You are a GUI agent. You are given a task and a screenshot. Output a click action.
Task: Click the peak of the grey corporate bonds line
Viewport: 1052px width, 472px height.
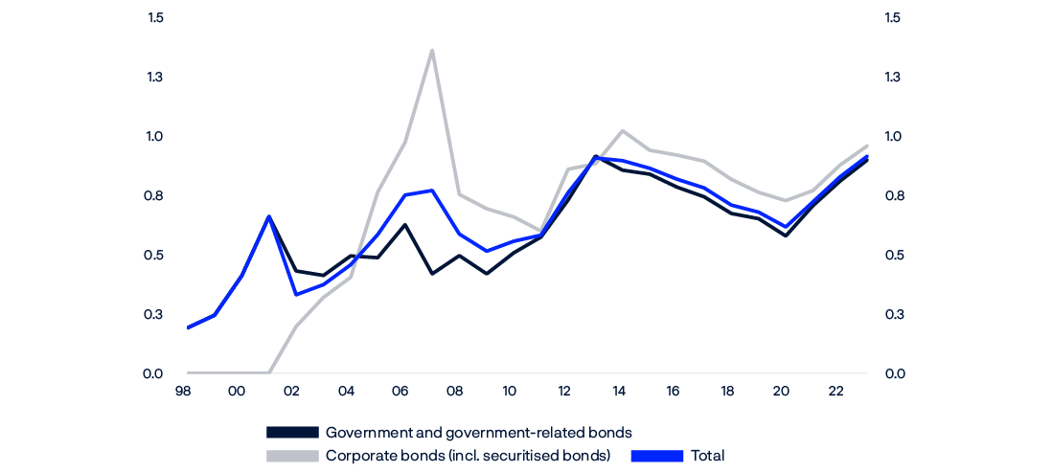click(432, 50)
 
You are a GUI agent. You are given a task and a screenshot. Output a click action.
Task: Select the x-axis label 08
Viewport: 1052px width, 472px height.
click(455, 392)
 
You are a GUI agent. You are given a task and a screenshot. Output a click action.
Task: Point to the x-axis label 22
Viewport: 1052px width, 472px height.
click(835, 392)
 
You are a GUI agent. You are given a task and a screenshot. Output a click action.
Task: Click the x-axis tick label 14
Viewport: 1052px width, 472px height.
click(619, 392)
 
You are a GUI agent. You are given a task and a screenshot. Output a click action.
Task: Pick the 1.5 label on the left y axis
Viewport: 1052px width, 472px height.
click(155, 18)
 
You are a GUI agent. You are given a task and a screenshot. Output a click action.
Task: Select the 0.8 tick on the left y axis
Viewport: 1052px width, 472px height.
click(155, 196)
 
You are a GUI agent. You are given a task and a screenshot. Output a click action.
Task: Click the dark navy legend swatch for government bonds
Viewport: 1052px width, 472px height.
click(291, 433)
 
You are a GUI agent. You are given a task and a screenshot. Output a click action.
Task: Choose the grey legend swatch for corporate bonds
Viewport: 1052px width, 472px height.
click(291, 456)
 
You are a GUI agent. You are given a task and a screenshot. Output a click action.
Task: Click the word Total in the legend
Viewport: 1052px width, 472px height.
click(708, 456)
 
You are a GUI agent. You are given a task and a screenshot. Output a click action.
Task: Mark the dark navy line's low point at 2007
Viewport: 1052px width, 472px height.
click(432, 274)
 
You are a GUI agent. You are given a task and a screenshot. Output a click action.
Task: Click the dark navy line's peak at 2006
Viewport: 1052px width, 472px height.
click(405, 224)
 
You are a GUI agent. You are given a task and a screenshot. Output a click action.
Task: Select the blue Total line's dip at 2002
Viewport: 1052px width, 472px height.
click(296, 294)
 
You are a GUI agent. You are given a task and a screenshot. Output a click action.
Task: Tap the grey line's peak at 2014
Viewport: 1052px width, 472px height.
click(623, 130)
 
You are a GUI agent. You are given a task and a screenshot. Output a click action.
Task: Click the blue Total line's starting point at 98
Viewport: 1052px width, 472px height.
click(188, 327)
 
